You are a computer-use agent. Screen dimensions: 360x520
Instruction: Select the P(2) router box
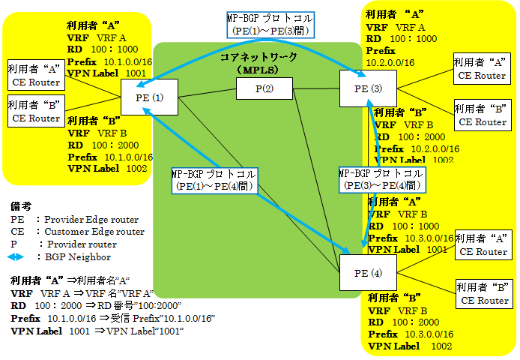(264, 89)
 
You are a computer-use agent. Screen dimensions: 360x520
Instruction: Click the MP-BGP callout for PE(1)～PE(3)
(270, 25)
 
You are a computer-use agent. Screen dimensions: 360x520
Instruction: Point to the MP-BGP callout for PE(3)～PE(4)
(381, 179)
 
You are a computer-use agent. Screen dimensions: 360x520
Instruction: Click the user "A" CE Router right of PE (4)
(482, 244)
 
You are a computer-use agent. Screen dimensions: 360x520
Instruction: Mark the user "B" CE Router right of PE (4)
(483, 293)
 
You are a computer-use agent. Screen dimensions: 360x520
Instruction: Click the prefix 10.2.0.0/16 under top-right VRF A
(390, 62)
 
